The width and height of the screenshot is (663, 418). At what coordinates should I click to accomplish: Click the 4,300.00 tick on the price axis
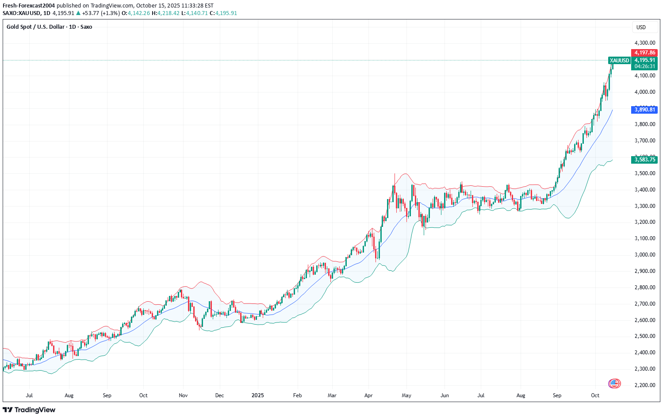point(644,43)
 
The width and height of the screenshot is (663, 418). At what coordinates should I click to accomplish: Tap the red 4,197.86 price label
point(644,53)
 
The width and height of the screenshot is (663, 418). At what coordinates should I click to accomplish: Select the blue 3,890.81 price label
point(644,109)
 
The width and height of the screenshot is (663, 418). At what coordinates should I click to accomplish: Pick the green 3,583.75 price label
point(644,160)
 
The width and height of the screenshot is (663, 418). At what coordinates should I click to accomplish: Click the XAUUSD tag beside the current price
point(619,61)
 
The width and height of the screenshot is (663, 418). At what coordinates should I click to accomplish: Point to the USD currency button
point(641,27)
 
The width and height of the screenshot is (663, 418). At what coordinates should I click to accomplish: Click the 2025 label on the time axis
point(257,395)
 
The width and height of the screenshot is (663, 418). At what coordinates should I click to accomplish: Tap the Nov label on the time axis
point(184,395)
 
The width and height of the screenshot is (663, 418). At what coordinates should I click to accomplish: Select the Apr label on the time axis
point(368,395)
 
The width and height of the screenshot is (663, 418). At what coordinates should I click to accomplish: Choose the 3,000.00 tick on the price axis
point(644,255)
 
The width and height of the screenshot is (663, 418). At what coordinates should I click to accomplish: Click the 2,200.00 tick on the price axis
point(644,385)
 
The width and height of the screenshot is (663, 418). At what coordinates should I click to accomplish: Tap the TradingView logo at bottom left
point(29,410)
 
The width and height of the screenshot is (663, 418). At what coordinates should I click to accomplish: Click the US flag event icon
point(614,383)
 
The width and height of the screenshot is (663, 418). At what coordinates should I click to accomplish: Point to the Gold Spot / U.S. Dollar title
point(49,27)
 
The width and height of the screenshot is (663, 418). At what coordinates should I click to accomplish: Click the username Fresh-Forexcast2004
point(29,6)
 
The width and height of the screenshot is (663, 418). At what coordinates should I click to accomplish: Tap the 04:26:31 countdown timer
point(644,66)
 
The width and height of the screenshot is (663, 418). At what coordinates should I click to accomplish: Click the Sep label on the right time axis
point(557,395)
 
